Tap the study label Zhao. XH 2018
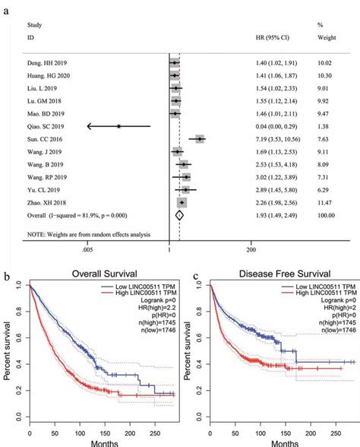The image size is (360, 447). coord(46,202)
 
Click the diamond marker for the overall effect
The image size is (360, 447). coord(179,215)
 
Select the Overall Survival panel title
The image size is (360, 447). coord(105,273)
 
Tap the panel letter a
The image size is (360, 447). coord(8,6)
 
